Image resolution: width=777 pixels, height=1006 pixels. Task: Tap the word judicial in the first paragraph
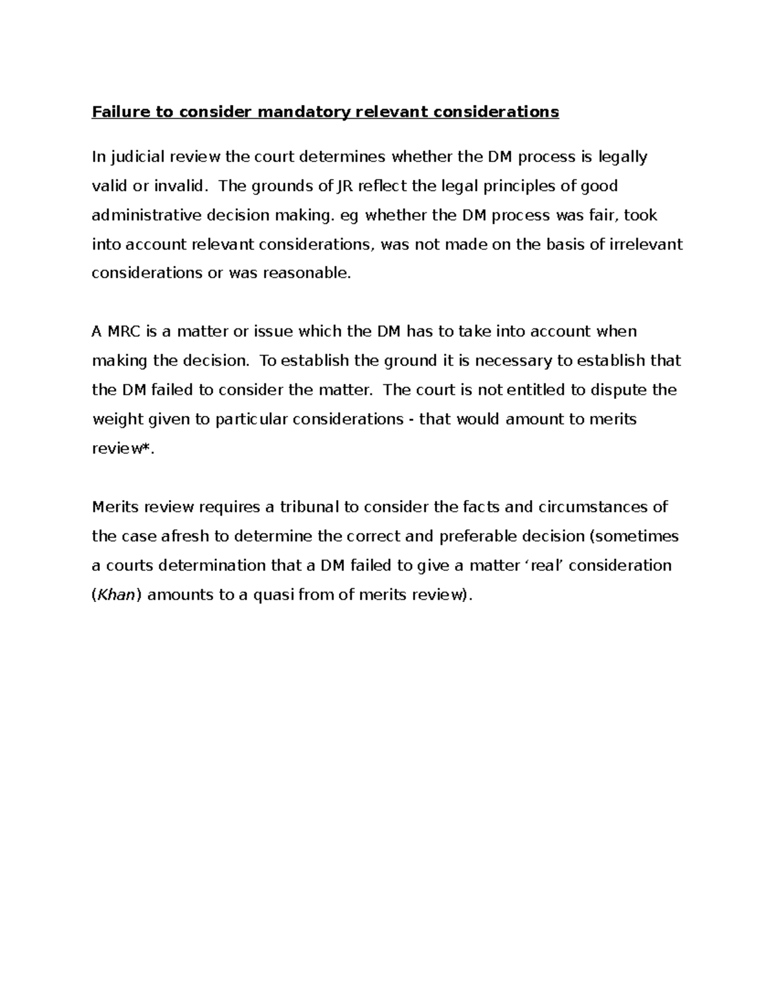(137, 157)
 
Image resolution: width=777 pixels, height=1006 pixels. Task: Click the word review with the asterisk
(120, 448)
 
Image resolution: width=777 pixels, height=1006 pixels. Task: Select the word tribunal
(309, 507)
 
